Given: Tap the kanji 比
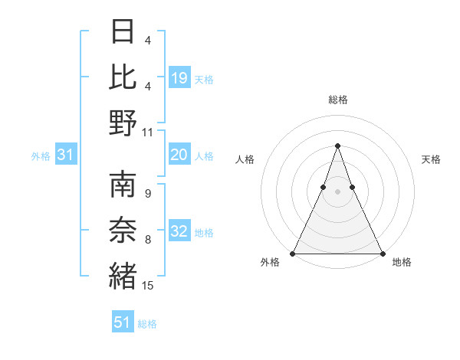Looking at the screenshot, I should click(123, 76).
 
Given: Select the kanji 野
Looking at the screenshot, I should click(123, 122).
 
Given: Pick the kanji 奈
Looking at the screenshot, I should click(123, 230).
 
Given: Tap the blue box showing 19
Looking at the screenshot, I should click(179, 77).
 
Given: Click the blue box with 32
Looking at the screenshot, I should click(179, 232).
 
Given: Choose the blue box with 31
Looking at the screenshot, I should click(66, 155).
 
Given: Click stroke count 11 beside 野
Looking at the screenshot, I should click(148, 132).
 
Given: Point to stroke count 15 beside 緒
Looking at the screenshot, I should click(148, 286).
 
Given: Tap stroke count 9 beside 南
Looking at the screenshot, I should click(148, 194).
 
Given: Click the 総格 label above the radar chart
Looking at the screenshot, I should click(337, 100).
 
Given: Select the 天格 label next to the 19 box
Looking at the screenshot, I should click(204, 79).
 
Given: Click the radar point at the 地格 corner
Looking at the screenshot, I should click(382, 254).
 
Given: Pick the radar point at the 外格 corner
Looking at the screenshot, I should click(293, 254).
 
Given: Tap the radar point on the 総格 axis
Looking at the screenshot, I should click(337, 146).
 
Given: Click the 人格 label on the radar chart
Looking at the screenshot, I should click(245, 159).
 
